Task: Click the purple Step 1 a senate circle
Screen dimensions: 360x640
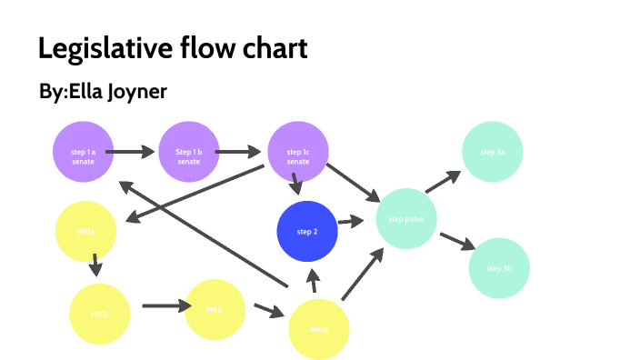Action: click(x=83, y=152)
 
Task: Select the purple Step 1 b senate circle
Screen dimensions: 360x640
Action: click(x=189, y=152)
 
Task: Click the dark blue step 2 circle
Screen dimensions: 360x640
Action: click(x=307, y=232)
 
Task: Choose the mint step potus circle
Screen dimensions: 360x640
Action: click(x=406, y=220)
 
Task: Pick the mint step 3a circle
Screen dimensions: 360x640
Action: click(x=493, y=152)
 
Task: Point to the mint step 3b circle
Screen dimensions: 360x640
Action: click(x=499, y=269)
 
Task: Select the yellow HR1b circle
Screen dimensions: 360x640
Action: click(x=100, y=314)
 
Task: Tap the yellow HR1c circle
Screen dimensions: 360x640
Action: click(x=215, y=310)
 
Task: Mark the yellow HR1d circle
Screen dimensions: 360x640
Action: click(x=319, y=329)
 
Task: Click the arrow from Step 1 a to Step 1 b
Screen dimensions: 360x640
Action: click(x=135, y=152)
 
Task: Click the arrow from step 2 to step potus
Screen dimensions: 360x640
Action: click(x=351, y=221)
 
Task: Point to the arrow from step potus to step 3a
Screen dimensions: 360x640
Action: click(x=443, y=181)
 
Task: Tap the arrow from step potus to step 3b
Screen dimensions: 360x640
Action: click(x=458, y=241)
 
